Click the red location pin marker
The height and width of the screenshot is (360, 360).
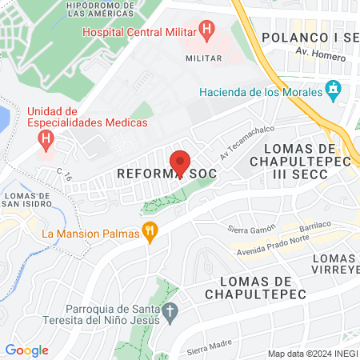click(181, 163)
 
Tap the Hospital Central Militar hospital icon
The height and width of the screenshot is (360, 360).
click(208, 33)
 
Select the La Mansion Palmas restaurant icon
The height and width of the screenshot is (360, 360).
click(149, 233)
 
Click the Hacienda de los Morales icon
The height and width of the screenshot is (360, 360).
click(334, 91)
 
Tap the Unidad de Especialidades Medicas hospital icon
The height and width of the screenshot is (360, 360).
click(46, 139)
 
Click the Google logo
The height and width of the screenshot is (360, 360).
click(26, 350)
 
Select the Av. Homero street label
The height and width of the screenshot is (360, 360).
click(313, 53)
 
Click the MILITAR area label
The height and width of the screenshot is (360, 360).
click(203, 58)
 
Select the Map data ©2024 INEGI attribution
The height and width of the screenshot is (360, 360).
click(312, 354)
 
